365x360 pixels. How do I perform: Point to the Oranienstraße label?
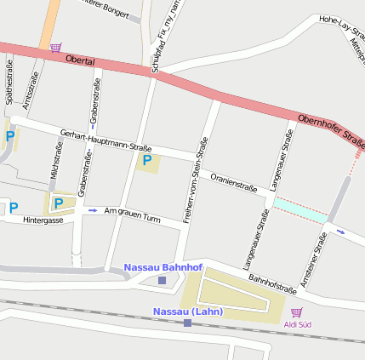[234, 180]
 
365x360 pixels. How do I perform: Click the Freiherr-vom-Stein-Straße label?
[197, 180]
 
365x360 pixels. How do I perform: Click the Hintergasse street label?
[43, 220]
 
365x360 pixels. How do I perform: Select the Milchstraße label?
[56, 163]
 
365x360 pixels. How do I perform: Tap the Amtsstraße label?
[34, 89]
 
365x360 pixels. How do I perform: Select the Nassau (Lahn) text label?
[187, 311]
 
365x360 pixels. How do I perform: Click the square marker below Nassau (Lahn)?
[187, 323]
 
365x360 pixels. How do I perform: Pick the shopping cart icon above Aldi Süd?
[296, 313]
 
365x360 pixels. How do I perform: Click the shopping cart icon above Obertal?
[55, 48]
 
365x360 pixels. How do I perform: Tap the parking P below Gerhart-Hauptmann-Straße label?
[147, 160]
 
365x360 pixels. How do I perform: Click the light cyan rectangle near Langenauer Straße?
[299, 209]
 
